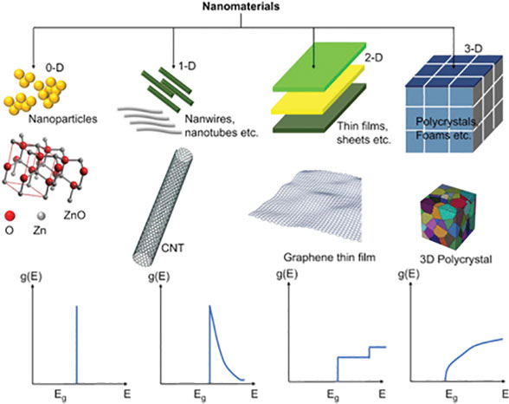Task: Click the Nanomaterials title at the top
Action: tap(241, 6)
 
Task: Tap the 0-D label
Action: tap(55, 68)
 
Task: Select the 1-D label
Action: tap(187, 66)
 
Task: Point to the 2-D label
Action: tap(374, 57)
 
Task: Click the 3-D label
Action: tap(474, 49)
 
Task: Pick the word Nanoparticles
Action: tap(62, 119)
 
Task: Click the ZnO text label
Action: tap(74, 215)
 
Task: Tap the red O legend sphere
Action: tap(10, 216)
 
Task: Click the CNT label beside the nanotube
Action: tap(172, 248)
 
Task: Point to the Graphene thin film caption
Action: tap(330, 257)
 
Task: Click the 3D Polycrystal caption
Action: tap(455, 259)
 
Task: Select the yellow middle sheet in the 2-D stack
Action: tap(319, 90)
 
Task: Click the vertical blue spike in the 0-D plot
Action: tap(76, 345)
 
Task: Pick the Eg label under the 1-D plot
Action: tap(200, 395)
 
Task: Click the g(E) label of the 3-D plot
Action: tap(409, 275)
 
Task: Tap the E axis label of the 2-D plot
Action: tap(382, 394)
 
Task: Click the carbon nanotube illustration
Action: tap(163, 206)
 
